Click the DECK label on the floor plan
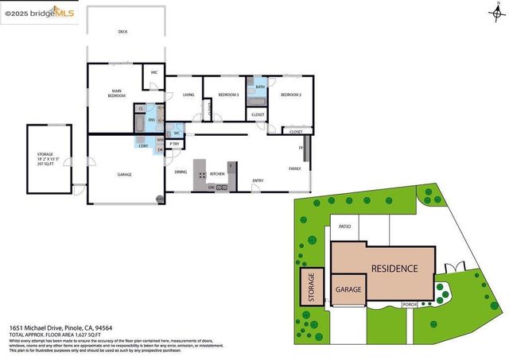point(122,32)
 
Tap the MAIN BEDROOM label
point(116,94)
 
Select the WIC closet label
point(154,73)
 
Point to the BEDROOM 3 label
point(229,95)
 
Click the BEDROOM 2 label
point(290,95)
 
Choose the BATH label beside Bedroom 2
point(260,87)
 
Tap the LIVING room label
point(188,95)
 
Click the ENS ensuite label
point(151,119)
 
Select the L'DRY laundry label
point(143,145)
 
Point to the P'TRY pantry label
point(174,144)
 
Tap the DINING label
point(181,172)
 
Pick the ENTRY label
point(258,180)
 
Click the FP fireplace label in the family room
point(301,149)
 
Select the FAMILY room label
point(294,168)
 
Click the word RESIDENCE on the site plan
point(394,269)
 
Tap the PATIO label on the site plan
point(344,226)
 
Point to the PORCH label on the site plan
point(410,304)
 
